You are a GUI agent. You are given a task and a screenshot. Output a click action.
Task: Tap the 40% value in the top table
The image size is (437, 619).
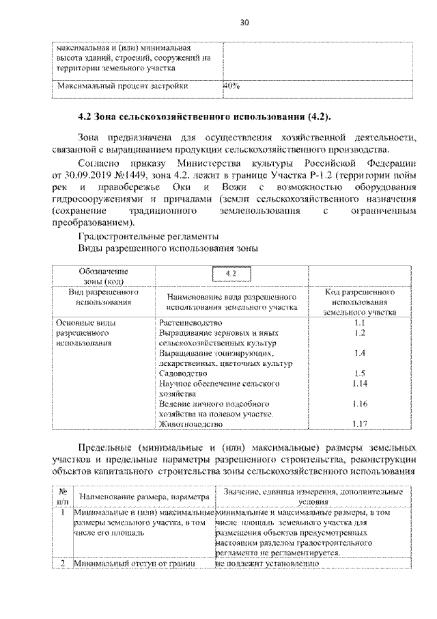tap(231, 87)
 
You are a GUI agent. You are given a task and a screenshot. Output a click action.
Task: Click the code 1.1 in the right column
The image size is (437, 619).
tap(361, 321)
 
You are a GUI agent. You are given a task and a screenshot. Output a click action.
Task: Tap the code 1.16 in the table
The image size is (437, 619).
tap(361, 404)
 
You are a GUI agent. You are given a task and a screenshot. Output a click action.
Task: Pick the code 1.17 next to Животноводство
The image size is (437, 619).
tap(361, 424)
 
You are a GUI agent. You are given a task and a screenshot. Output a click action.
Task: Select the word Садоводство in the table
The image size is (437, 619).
tap(179, 374)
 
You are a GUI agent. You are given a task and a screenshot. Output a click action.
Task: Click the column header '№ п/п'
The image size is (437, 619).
tap(62, 496)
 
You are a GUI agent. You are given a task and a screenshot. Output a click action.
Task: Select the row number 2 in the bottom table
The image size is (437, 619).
tap(62, 564)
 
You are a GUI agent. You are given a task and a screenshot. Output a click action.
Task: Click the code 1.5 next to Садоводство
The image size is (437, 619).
tap(361, 373)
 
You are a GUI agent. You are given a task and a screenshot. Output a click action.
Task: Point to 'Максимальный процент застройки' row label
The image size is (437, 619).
tap(122, 87)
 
